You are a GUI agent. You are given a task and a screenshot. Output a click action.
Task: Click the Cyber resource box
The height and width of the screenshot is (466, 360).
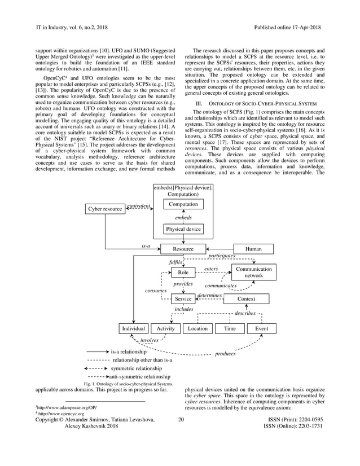pyautogui.click(x=105, y=209)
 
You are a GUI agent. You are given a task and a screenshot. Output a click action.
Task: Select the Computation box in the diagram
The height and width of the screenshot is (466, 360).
pyautogui.click(x=183, y=204)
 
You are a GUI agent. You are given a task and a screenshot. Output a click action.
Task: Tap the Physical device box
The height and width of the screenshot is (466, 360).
pyautogui.click(x=183, y=229)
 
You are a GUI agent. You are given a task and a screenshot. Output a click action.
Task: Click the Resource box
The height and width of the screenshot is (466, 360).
pyautogui.click(x=183, y=249)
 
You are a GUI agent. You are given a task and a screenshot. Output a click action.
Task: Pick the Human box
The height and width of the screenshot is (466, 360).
pyautogui.click(x=253, y=249)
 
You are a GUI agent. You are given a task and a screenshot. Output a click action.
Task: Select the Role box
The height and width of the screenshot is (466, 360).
pyautogui.click(x=183, y=272)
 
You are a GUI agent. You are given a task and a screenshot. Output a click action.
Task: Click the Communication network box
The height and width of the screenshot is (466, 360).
pyautogui.click(x=253, y=272)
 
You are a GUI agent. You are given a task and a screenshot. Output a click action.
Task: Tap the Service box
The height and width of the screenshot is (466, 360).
pyautogui.click(x=183, y=299)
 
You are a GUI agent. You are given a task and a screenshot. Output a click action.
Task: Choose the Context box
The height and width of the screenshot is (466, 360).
pyautogui.click(x=246, y=299)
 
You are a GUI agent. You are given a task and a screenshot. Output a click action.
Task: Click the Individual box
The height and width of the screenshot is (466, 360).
pyautogui.click(x=134, y=328)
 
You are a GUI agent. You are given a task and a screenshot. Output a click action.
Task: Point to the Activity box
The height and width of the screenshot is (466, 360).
pyautogui.click(x=165, y=328)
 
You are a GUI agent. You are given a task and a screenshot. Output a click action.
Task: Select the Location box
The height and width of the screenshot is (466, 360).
pyautogui.click(x=197, y=328)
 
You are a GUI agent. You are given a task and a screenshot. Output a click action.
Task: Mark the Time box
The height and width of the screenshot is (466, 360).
pyautogui.click(x=230, y=328)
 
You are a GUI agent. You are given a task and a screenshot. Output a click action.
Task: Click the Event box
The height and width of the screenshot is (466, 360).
pyautogui.click(x=261, y=328)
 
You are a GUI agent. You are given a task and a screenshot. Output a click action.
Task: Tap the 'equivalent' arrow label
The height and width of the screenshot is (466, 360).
pyautogui.click(x=138, y=206)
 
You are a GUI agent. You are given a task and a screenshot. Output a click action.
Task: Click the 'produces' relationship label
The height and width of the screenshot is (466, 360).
pyautogui.click(x=225, y=354)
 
